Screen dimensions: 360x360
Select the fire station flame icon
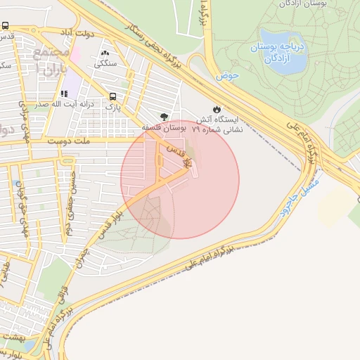[217, 109]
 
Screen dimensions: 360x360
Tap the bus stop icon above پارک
[112, 97]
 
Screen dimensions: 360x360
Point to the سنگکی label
[106, 63]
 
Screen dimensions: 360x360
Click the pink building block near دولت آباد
[75, 54]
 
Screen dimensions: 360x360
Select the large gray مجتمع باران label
[49, 62]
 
